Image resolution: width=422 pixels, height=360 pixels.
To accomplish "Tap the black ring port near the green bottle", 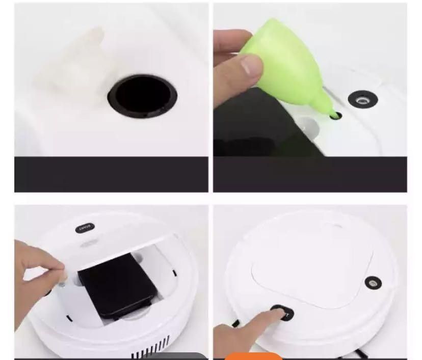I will coord(362,98).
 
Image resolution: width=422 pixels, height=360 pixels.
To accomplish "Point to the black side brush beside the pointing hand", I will coord(236,322).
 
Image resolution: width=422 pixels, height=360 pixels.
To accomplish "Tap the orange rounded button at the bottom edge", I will coord(253,356).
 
